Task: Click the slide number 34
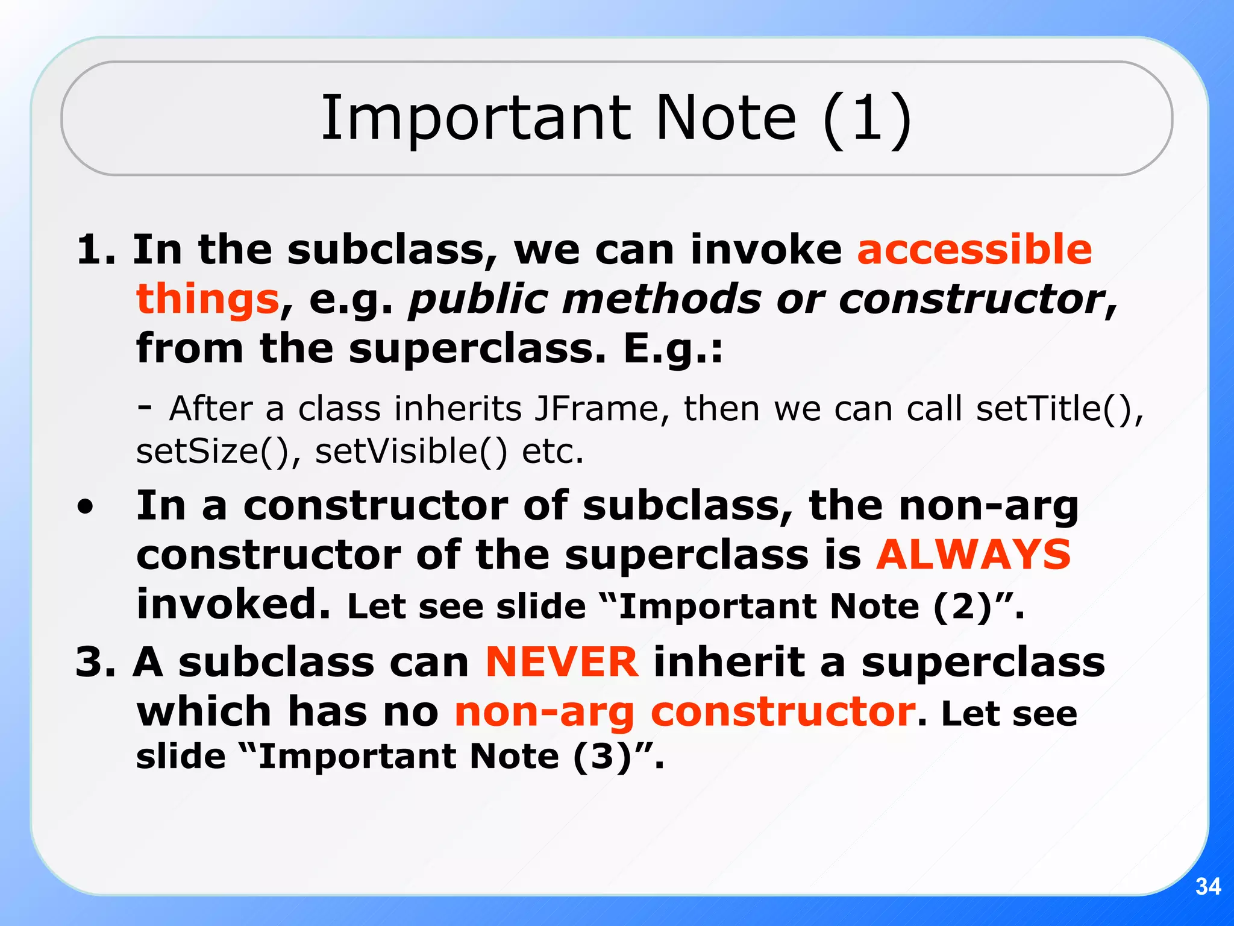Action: pos(1207,886)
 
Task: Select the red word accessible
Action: pos(974,250)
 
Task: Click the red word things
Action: pos(207,300)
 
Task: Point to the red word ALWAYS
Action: pos(973,555)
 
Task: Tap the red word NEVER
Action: pos(562,662)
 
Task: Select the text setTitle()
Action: pos(1059,409)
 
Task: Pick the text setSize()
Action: pos(218,452)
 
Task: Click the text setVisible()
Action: pos(411,452)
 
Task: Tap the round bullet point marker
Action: pos(86,507)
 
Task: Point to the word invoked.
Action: pos(233,604)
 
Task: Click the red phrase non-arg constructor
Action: pos(685,713)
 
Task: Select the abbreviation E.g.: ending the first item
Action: pos(672,349)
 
